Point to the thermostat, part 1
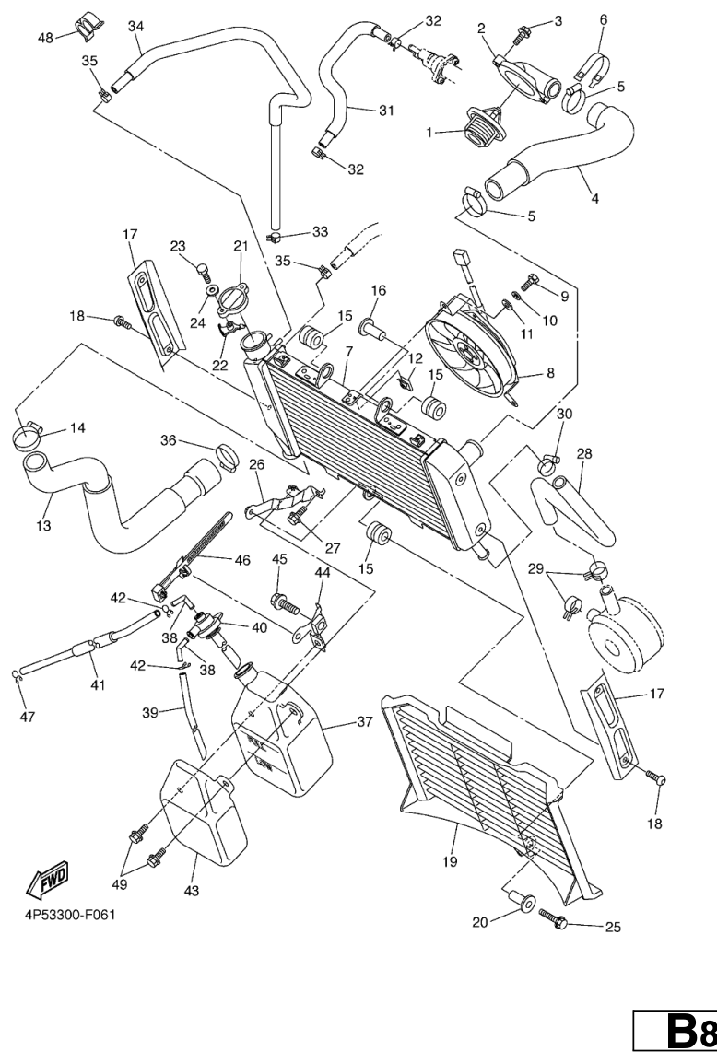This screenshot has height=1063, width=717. tap(482, 130)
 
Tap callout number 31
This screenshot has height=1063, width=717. tap(385, 110)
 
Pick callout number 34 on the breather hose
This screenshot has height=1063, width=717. tap(135, 26)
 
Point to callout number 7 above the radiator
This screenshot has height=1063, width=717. tap(348, 353)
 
